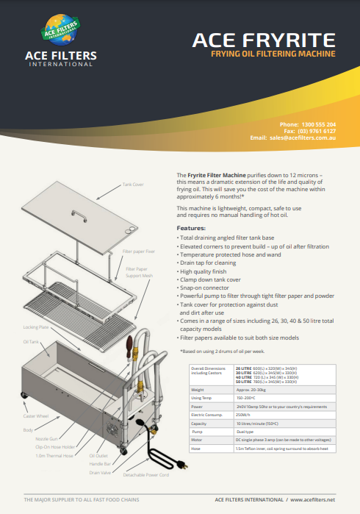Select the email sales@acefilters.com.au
[306, 138]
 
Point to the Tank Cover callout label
[133, 185]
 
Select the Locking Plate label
[36, 326]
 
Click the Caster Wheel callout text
[35, 415]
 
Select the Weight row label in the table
[198, 390]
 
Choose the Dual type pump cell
[245, 432]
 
